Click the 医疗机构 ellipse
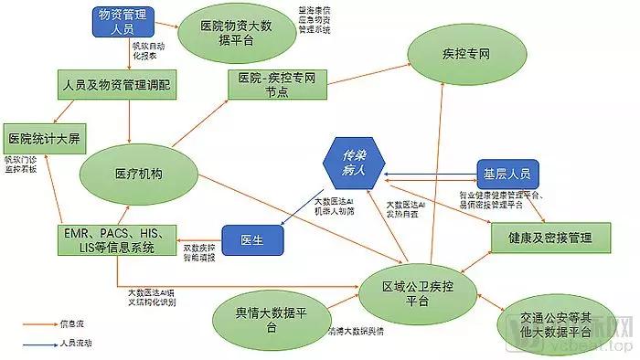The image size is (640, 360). (139, 174)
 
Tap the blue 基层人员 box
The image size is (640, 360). (509, 173)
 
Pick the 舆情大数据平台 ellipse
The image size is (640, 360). (271, 321)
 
